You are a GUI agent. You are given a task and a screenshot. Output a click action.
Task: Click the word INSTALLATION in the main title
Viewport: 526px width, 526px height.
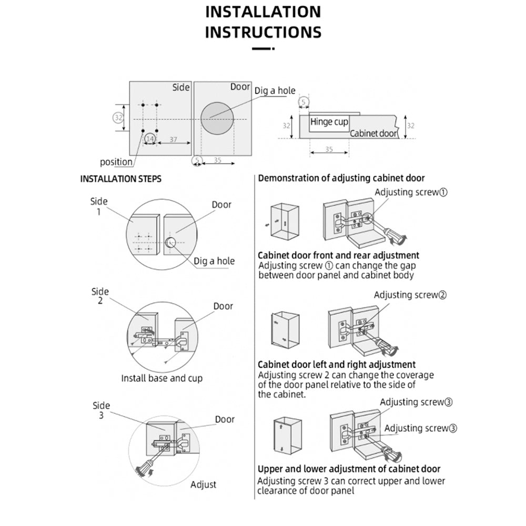[x=263, y=12]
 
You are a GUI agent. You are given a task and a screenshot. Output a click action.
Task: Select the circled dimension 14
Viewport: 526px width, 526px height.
[x=150, y=138]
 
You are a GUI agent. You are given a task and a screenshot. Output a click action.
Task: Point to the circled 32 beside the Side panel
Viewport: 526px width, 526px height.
[x=118, y=117]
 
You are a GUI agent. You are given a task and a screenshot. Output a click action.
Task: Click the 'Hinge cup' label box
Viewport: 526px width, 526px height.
[x=329, y=122]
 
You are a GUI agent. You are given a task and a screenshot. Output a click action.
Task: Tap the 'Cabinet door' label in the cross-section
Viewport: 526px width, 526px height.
[x=374, y=134]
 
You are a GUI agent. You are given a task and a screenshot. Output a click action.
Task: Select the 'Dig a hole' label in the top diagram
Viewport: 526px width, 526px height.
[x=275, y=90]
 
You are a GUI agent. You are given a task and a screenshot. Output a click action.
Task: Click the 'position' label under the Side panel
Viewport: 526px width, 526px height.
[x=116, y=162]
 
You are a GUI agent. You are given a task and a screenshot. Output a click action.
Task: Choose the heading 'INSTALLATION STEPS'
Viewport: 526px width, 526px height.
[x=120, y=179]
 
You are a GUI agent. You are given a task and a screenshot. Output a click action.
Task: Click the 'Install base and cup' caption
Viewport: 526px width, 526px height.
[x=161, y=378]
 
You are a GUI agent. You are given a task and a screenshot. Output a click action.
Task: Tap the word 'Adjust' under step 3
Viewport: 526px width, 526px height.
[x=203, y=484]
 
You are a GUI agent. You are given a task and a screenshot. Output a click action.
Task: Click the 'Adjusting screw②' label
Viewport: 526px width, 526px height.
[x=410, y=295]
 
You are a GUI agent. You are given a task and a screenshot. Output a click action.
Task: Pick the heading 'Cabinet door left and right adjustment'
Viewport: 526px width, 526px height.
[x=337, y=364]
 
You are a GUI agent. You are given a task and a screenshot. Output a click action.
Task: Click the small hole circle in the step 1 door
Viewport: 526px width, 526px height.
[x=170, y=242]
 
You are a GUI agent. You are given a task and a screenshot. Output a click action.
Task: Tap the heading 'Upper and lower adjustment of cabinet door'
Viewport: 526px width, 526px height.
[x=349, y=469]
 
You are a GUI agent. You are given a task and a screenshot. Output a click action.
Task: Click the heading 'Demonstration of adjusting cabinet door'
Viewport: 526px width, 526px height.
[x=341, y=178]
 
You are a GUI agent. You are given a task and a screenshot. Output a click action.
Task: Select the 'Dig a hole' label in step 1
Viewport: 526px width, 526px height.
[x=214, y=261]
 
